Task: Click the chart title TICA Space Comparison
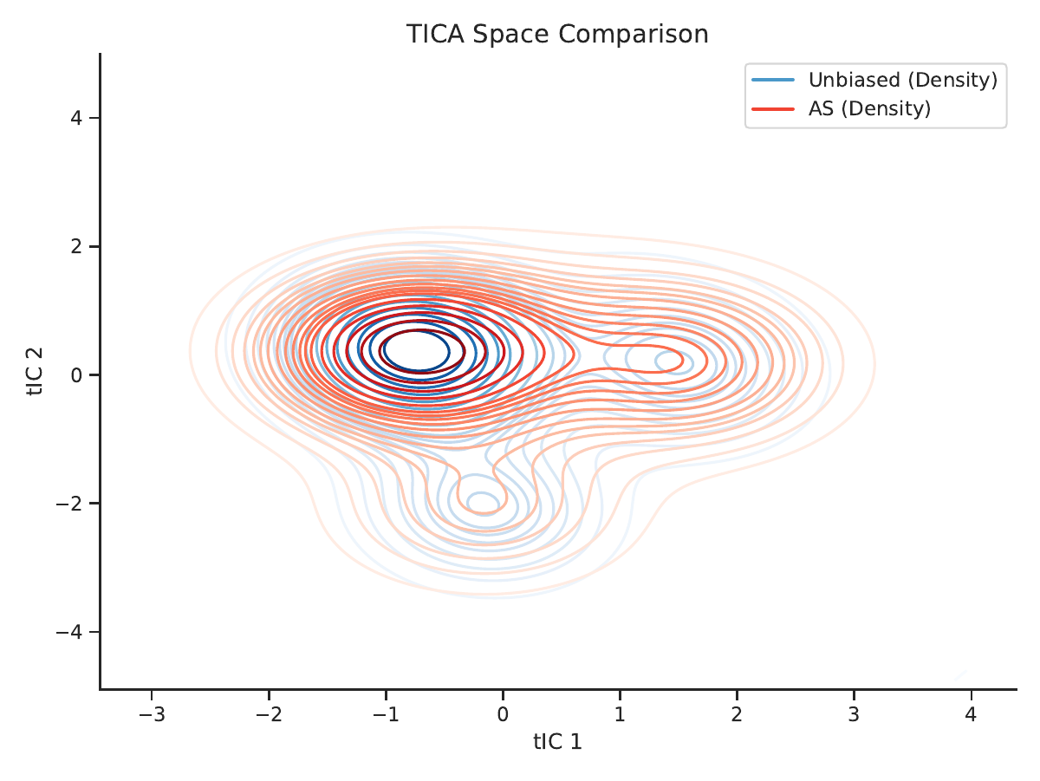coord(557,34)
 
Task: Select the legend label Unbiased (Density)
coord(903,80)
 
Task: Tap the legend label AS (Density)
coord(869,109)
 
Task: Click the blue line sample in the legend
coord(773,80)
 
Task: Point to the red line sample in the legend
coord(773,109)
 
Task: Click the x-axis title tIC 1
coord(557,742)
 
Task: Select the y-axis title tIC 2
coord(35,372)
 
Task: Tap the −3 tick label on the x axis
coord(152,714)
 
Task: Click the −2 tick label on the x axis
coord(269,714)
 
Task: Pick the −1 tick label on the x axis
coord(386,714)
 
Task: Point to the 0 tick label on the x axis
coord(503,714)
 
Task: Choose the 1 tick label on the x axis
coord(620,714)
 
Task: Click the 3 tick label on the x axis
coord(854,714)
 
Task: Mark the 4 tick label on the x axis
coord(971,714)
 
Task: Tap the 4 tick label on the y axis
coord(76,118)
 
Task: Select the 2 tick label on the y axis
coord(76,246)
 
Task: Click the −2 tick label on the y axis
coord(69,504)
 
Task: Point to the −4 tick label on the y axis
coord(69,632)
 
